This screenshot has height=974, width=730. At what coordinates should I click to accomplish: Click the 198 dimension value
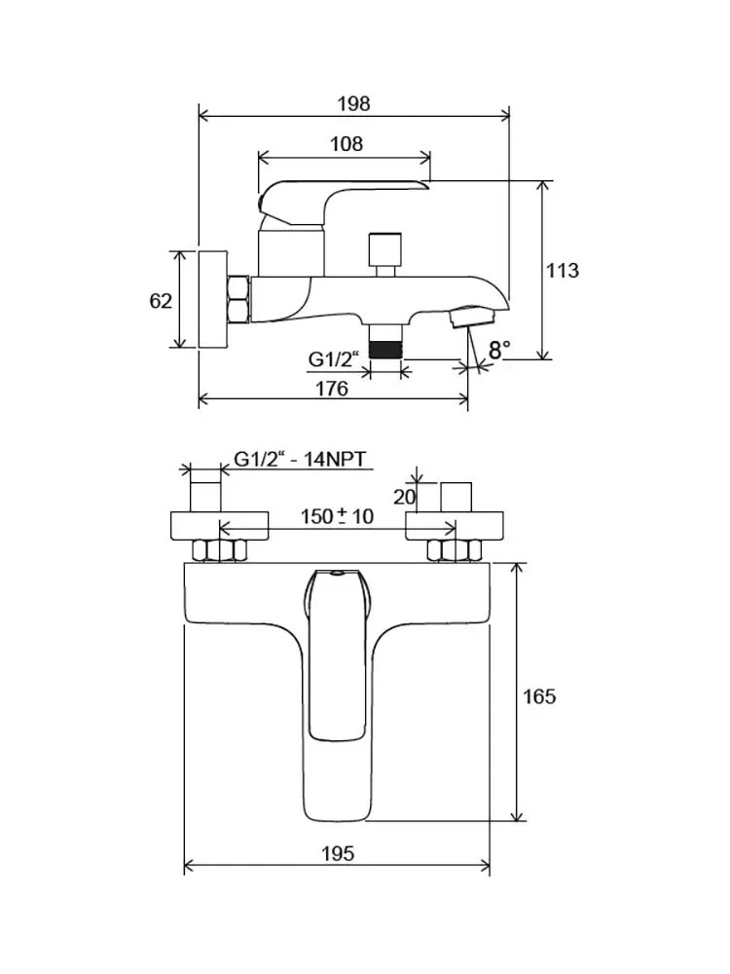[x=354, y=103]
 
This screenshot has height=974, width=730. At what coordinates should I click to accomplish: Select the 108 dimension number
[x=346, y=144]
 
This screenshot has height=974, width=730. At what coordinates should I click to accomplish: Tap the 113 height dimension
[x=564, y=270]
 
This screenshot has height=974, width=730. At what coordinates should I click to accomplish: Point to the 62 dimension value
[x=161, y=301]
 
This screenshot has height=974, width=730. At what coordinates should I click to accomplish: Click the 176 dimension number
[x=332, y=389]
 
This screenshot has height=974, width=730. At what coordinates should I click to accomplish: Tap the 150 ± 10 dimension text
[x=337, y=516]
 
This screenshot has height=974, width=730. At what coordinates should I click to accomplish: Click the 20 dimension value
[x=405, y=497]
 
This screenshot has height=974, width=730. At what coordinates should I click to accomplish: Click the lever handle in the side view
[x=341, y=192]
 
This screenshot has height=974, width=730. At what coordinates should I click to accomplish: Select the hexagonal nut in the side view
[x=238, y=300]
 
